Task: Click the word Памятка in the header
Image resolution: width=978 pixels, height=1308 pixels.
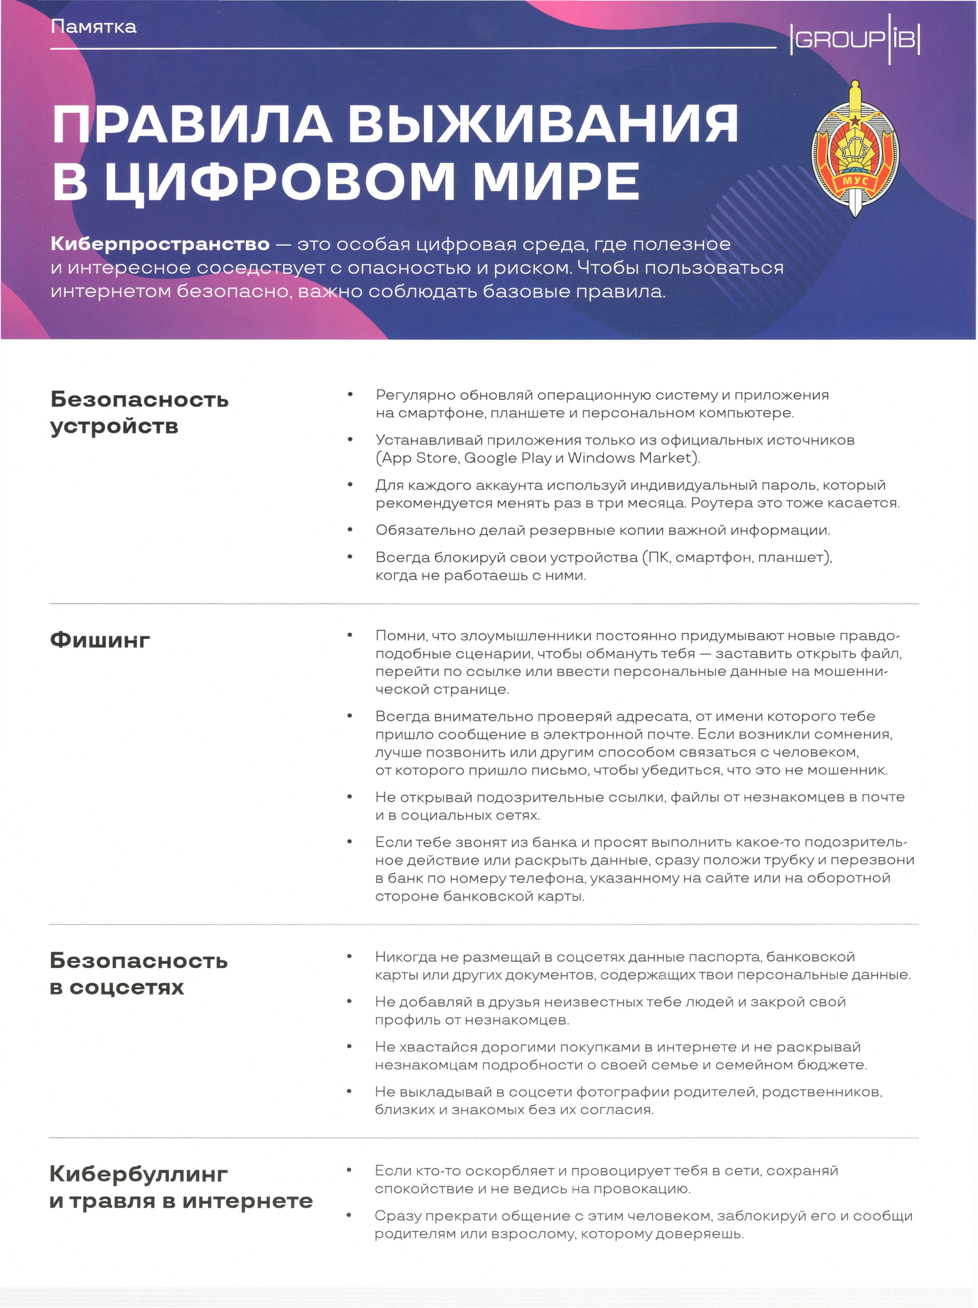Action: pyautogui.click(x=93, y=27)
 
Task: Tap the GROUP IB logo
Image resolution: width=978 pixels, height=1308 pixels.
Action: pyautogui.click(x=855, y=40)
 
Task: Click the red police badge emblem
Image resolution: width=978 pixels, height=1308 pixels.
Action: pyautogui.click(x=855, y=150)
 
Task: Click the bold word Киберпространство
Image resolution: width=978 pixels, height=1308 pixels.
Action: pyautogui.click(x=160, y=244)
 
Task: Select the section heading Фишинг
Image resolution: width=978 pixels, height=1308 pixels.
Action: pyautogui.click(x=100, y=640)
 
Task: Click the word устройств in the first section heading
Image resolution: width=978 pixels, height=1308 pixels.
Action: pyautogui.click(x=114, y=426)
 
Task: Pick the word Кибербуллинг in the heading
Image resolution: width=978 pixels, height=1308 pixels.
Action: pyautogui.click(x=138, y=1174)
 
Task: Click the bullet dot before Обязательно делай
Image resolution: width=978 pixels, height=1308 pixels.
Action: pyautogui.click(x=350, y=529)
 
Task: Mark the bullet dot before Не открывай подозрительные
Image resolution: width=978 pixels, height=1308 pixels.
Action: pyautogui.click(x=350, y=796)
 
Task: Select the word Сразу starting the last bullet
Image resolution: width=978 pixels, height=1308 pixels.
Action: pyautogui.click(x=398, y=1216)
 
